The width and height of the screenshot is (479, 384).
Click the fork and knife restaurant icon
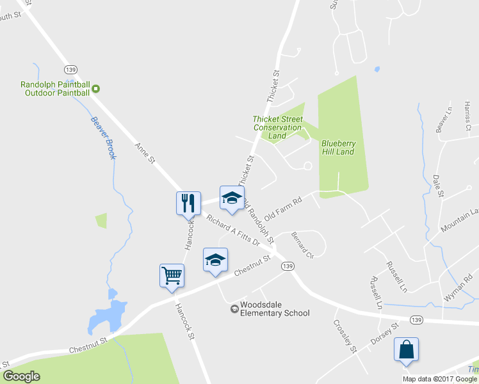point(188,202)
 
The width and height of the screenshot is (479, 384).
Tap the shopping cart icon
point(172,275)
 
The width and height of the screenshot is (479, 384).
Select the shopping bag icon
point(406,349)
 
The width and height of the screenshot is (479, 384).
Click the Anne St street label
point(145,153)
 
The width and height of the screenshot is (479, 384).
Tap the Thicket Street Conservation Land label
point(277,127)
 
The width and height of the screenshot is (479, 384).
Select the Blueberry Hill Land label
point(337,147)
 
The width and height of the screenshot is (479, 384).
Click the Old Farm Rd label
point(283,209)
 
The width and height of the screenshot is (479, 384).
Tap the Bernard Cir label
point(302,244)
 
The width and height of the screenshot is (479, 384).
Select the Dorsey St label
point(385,333)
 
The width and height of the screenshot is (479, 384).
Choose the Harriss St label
point(468,116)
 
